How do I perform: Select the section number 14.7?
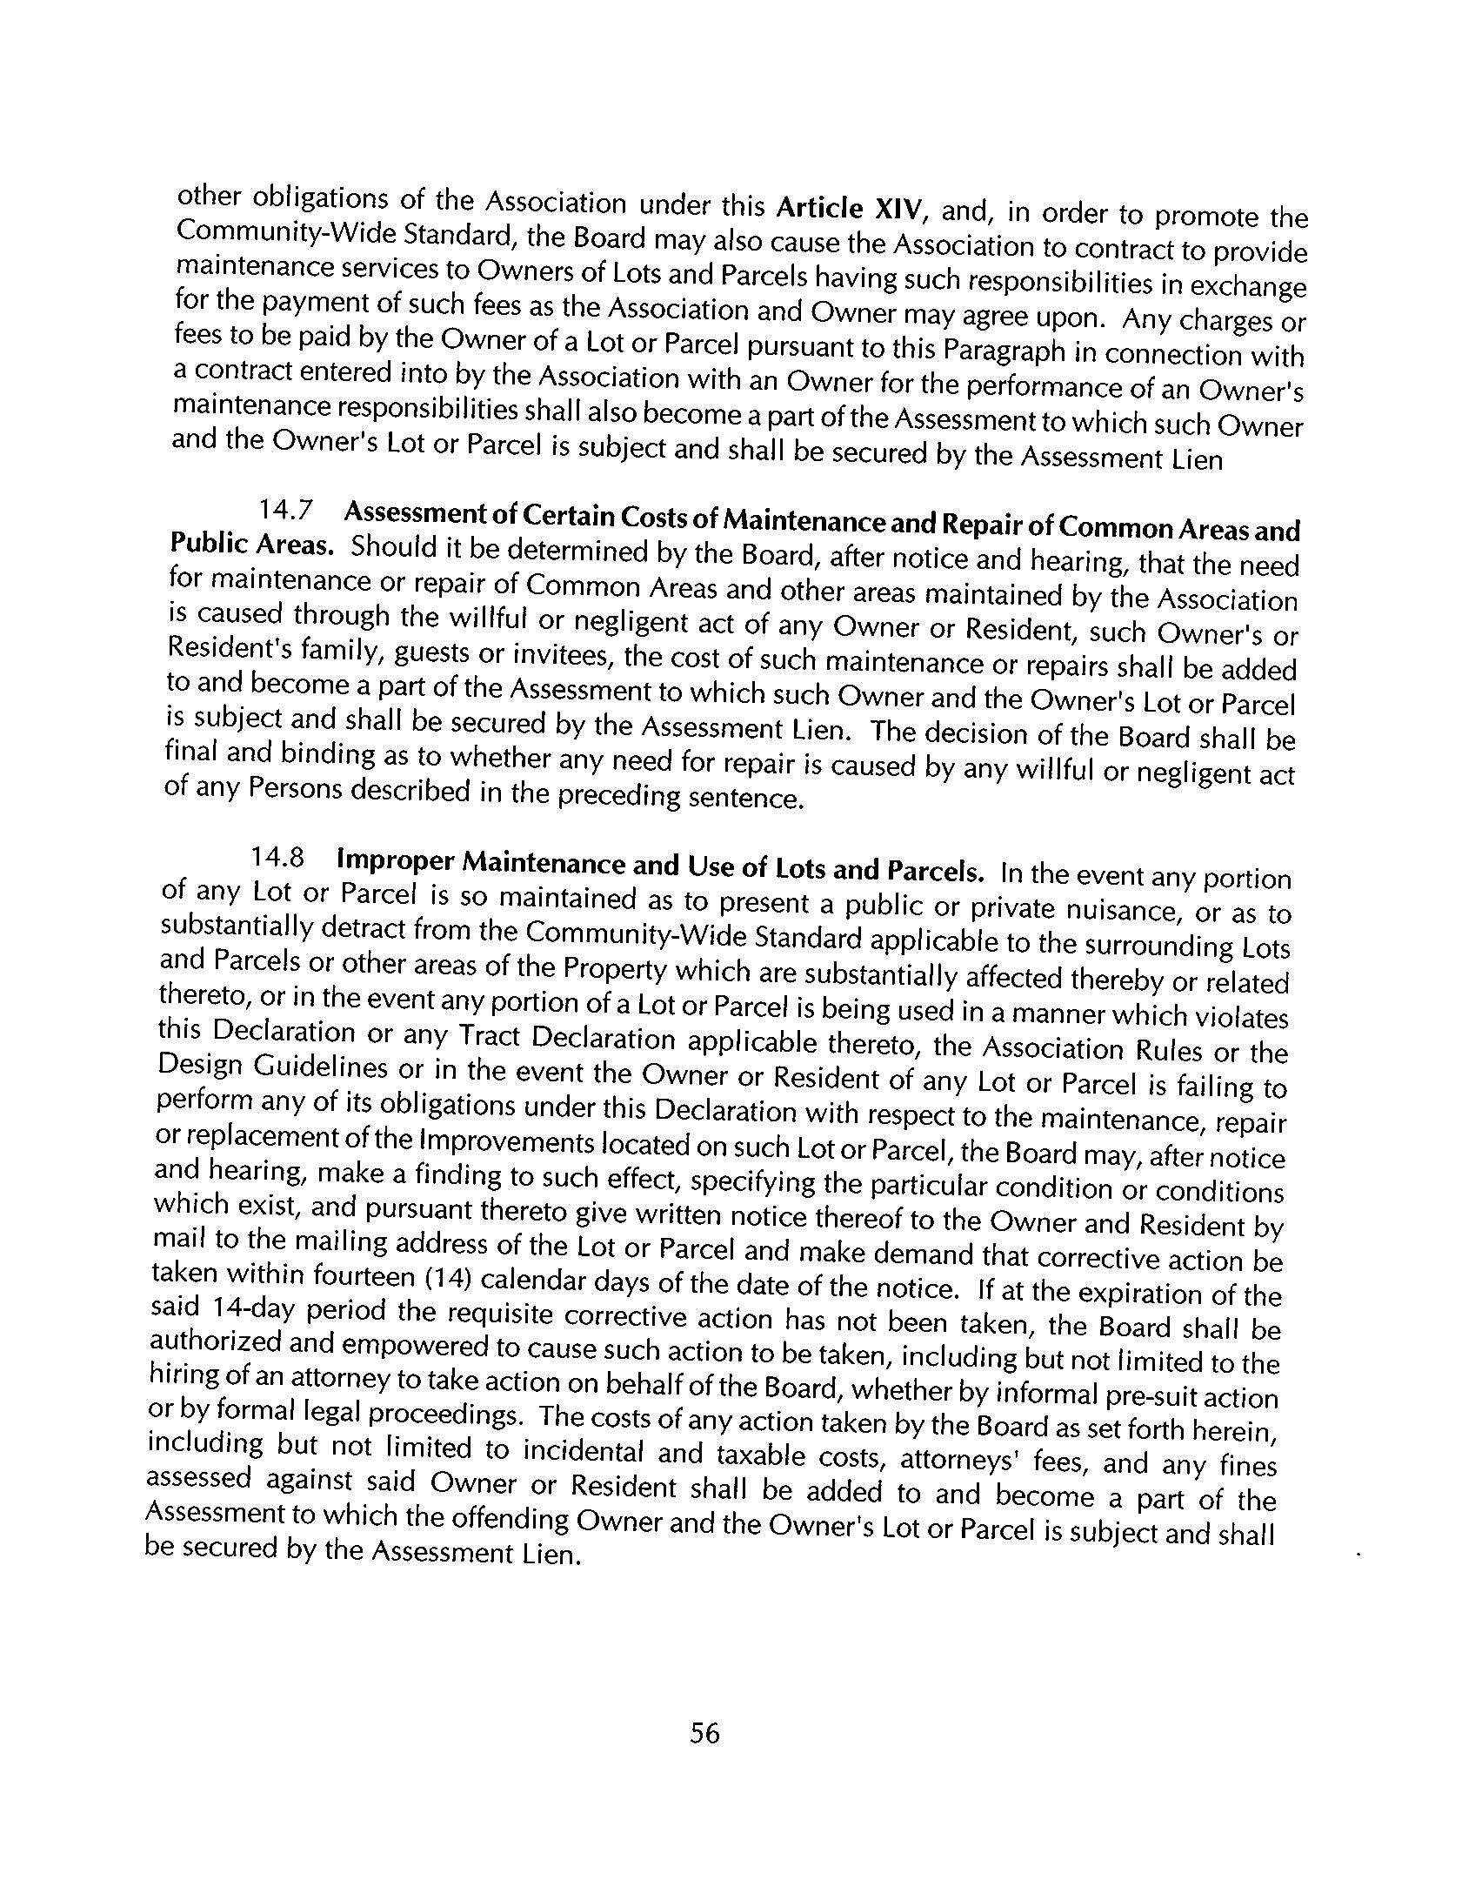click(x=281, y=510)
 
